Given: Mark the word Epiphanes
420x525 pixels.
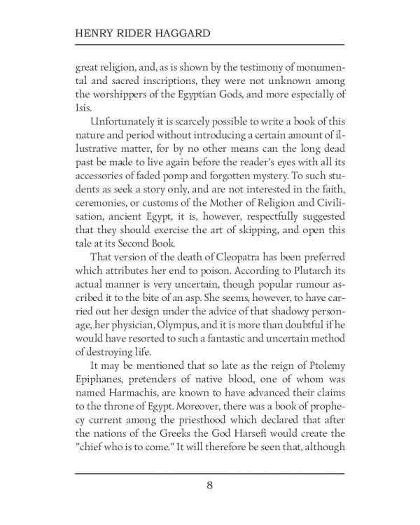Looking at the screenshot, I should pos(104,382).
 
